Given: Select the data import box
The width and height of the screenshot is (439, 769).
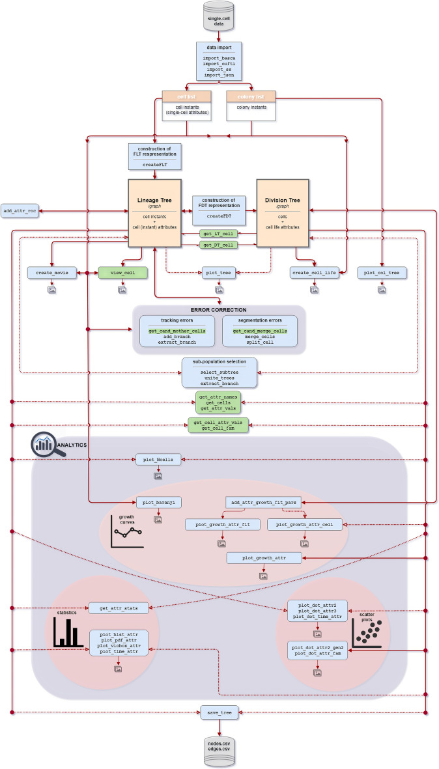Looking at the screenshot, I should (219, 61).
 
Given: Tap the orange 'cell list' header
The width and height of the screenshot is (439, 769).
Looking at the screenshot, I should (187, 96).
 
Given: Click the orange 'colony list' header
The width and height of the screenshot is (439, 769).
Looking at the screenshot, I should (251, 96).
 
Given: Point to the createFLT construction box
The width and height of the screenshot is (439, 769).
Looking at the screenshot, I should (154, 157).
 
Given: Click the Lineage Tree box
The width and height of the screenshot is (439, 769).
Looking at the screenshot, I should (154, 212).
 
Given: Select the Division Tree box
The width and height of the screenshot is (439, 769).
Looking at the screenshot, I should (282, 212).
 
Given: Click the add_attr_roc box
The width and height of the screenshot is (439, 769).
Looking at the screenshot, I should (19, 212).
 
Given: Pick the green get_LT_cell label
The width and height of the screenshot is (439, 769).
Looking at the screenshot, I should (218, 233).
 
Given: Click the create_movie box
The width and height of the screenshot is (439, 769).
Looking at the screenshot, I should (52, 272).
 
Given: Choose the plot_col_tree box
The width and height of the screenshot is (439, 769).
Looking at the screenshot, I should (382, 272).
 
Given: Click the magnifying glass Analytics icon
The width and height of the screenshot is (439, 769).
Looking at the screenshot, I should (47, 446).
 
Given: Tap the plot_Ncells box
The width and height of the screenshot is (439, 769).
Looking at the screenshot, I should (157, 460).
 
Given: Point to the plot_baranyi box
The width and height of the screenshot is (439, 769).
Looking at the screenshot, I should (157, 502).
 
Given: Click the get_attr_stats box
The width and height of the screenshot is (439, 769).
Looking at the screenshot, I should (119, 608).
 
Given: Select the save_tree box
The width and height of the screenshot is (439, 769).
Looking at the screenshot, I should (219, 713).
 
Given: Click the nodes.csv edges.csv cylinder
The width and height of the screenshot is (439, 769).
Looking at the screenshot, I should (219, 751).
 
